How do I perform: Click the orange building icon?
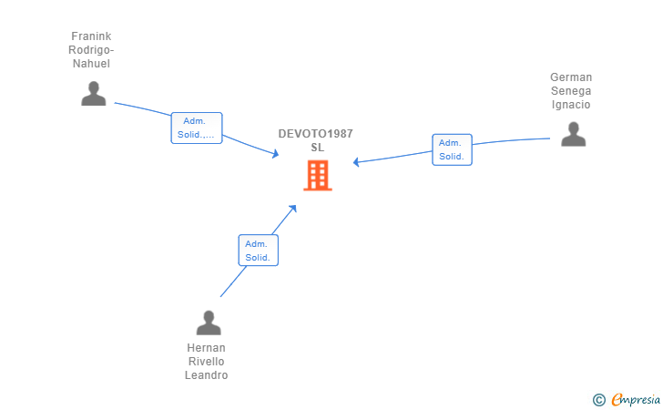pos(317,175)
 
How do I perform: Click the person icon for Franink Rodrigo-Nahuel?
pos(93,94)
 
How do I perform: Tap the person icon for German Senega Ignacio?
pos(573,134)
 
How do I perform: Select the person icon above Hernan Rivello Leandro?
pos(209,323)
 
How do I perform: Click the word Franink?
pos(91,36)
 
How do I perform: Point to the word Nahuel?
pos(91,64)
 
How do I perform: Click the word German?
pos(571,77)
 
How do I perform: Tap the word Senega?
pos(571,91)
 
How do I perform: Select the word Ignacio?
pos(571,105)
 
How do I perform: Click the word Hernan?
pos(206,348)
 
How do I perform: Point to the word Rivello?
pos(206,362)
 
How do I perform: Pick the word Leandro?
pos(206,375)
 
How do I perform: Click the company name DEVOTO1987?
pos(316,134)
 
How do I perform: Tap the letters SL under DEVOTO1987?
pos(317,148)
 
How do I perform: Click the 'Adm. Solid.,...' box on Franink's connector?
pos(197,128)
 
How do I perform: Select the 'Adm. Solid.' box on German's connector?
pos(452,149)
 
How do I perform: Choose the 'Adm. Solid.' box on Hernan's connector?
pos(259,251)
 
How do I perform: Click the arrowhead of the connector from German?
pos(357,162)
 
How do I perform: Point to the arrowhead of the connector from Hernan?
pos(292,209)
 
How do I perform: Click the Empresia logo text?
pos(635,399)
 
